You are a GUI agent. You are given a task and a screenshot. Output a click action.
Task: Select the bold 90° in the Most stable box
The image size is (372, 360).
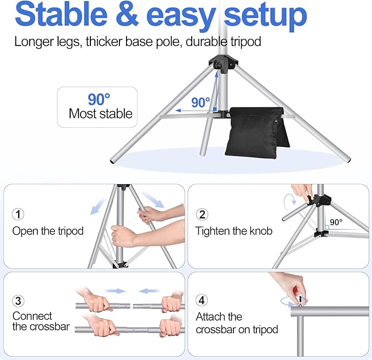click(99, 99)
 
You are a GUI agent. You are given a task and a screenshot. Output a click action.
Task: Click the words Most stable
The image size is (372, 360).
click(100, 114)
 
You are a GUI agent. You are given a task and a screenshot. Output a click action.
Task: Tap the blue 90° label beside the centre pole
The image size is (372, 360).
click(201, 102)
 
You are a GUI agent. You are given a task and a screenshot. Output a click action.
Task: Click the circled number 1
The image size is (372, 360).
click(18, 214)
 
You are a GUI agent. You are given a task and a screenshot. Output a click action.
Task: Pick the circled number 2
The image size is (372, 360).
click(202, 214)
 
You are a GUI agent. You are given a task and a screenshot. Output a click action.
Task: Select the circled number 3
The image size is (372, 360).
click(18, 300)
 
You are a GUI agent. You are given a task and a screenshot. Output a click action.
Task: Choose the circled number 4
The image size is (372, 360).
click(202, 300)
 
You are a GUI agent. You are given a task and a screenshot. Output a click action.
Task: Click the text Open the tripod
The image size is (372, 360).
click(48, 231)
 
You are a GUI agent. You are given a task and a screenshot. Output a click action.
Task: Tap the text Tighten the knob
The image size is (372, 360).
click(233, 231)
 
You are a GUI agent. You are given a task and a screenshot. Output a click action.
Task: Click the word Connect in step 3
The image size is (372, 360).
click(32, 316)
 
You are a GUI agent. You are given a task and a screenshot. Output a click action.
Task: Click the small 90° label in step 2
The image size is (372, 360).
click(337, 223)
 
